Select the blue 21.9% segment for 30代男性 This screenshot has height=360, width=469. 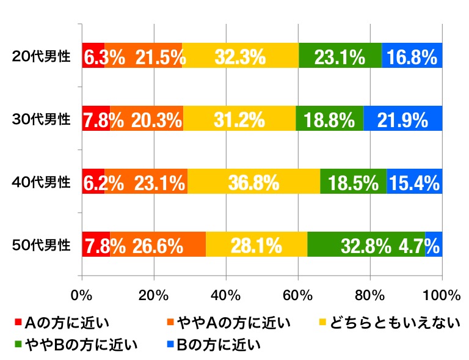[x=402, y=119]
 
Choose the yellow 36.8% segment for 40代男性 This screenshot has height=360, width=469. [x=253, y=182]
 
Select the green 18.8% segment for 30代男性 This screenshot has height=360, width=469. [x=330, y=119]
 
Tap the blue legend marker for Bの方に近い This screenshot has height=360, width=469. [x=169, y=344]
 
